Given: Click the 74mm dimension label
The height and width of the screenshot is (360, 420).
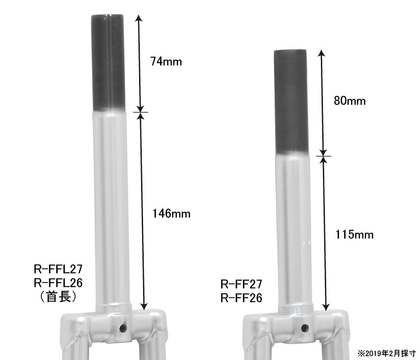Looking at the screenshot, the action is (166, 61).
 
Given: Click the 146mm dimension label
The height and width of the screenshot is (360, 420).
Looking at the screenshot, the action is (171, 213).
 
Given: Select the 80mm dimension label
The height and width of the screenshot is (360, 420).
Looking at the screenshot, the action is (349, 101).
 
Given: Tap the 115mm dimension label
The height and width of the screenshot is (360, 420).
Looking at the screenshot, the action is (354, 235).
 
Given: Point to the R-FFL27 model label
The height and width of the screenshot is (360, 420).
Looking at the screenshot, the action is (58, 269).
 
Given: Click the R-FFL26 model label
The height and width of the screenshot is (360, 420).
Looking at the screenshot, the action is (58, 283).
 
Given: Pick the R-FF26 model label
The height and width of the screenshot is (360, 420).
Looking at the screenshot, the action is (241, 298).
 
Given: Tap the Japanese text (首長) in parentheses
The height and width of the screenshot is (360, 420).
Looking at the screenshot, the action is (58, 297).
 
